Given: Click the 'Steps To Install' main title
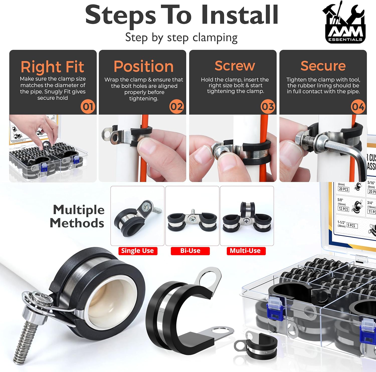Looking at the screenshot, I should click(182, 15).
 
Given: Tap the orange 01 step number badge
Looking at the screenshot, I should click(88, 107).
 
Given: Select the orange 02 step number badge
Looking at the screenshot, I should click(177, 107).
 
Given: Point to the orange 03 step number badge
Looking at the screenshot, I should click(268, 107).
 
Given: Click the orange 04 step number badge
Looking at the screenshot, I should click(358, 107).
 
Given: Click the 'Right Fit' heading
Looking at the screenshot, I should click(52, 67).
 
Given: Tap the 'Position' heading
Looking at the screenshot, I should click(143, 66).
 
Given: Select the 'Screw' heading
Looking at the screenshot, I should click(235, 66).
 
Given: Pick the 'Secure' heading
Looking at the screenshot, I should click(323, 66).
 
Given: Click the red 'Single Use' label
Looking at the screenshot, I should click(138, 251).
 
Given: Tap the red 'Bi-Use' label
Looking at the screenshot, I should click(190, 251).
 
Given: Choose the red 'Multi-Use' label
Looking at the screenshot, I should click(246, 251).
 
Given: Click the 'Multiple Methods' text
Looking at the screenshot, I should click(78, 216).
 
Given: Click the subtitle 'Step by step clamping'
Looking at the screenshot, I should click(181, 38).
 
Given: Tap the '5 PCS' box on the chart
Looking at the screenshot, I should click(352, 225).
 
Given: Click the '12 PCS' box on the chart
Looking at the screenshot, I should click(343, 209).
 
